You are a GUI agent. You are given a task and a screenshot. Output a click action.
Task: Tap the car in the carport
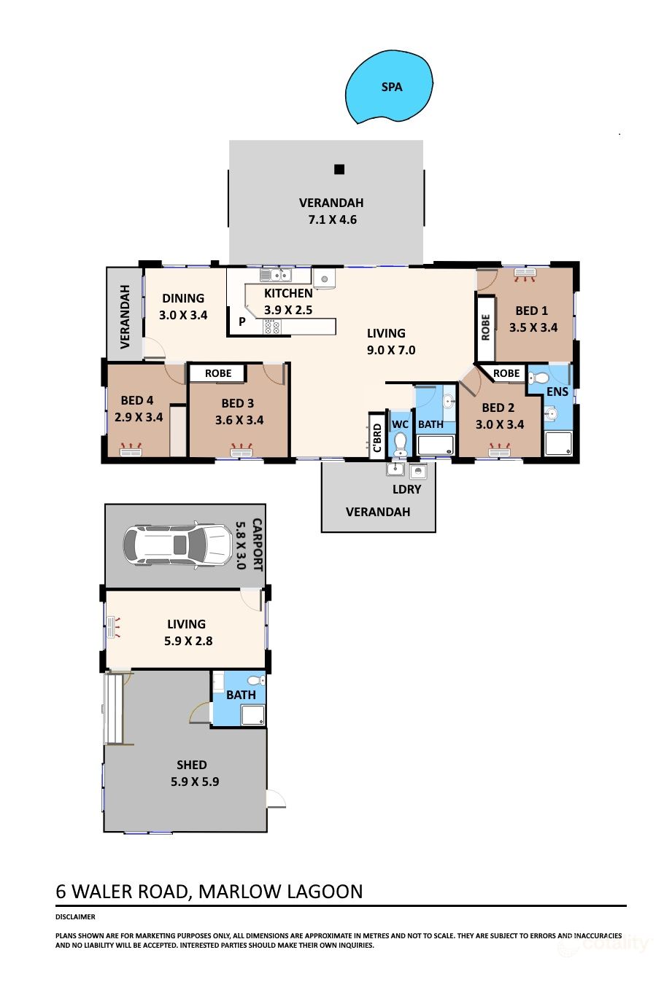(177, 544)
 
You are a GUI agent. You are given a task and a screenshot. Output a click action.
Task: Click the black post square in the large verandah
(339, 169)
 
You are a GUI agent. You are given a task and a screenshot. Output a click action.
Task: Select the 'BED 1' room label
(531, 311)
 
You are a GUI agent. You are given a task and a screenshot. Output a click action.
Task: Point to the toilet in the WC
(400, 443)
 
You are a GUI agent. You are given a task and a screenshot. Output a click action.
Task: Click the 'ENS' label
(557, 391)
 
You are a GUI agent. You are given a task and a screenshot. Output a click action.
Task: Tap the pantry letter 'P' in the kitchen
(242, 321)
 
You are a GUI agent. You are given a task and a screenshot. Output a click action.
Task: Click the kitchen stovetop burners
(271, 327)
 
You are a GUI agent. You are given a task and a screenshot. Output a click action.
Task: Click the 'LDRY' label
(406, 489)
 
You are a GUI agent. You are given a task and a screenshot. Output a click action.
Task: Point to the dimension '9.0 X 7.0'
(391, 350)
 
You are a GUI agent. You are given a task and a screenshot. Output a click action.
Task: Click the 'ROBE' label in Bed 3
(218, 373)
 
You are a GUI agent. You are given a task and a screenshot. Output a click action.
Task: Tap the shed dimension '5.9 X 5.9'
(195, 782)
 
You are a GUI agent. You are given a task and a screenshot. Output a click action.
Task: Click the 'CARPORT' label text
(257, 544)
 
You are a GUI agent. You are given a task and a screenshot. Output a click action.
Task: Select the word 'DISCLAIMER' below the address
(75, 917)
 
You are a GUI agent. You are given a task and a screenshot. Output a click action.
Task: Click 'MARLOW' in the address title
(239, 892)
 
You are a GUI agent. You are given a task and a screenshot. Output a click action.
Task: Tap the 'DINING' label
(183, 298)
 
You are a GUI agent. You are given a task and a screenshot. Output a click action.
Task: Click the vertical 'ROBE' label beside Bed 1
(486, 327)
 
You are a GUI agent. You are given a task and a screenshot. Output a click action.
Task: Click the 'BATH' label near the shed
(241, 695)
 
